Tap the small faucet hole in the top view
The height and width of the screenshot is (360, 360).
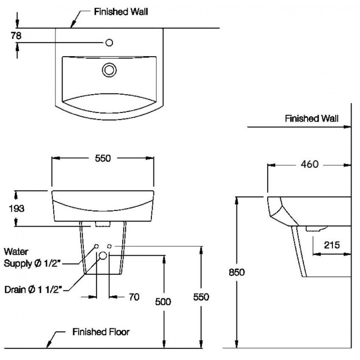(110, 43)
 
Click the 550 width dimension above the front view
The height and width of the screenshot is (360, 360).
(102, 159)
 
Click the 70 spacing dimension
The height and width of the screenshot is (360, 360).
(134, 297)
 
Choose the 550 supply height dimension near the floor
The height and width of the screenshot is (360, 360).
(201, 297)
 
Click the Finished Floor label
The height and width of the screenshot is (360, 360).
(101, 332)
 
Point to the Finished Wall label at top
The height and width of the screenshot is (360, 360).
(121, 12)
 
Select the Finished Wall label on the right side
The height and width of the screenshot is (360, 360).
(311, 119)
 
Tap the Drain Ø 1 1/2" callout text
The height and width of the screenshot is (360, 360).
(34, 290)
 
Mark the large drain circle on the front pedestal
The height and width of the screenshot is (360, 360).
(103, 255)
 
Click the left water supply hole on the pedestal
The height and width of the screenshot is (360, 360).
(96, 246)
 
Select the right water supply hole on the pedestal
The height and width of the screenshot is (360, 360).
(110, 246)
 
